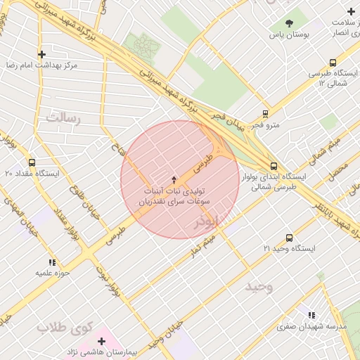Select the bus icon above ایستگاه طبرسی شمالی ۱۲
coord(333,63)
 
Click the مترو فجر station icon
coord(265,113)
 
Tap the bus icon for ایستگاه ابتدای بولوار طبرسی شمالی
coord(274,166)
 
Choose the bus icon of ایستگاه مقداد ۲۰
coord(32,162)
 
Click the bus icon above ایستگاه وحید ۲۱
coord(289,238)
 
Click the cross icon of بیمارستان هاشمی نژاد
coord(102,340)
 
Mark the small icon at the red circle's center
coord(174,180)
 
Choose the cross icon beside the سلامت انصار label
coord(351,11)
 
